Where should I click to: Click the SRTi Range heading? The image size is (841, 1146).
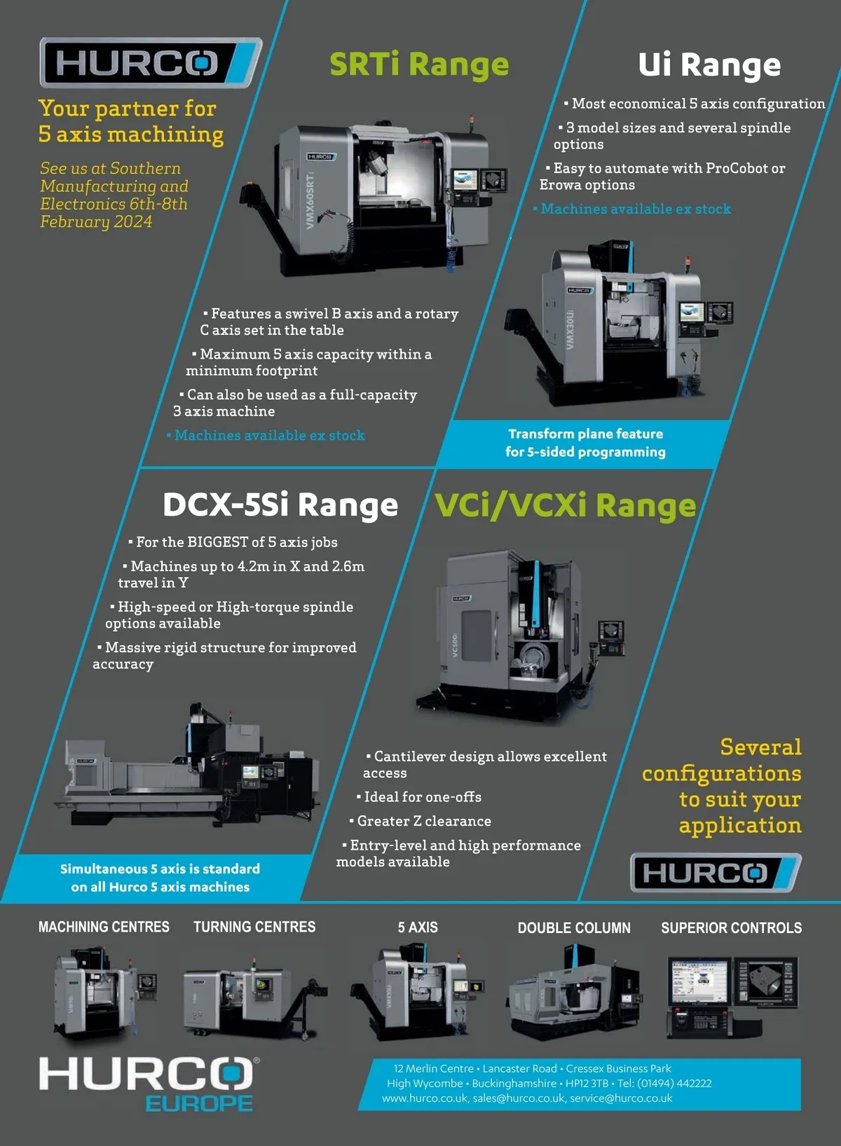pyautogui.click(x=419, y=64)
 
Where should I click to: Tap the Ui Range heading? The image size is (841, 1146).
pyautogui.click(x=709, y=65)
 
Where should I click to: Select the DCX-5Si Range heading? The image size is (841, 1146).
pyautogui.click(x=280, y=504)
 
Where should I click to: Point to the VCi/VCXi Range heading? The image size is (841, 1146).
pyautogui.click(x=565, y=506)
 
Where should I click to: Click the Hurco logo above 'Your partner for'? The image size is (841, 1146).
pyautogui.click(x=151, y=62)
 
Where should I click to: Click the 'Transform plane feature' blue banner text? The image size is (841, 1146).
pyautogui.click(x=586, y=434)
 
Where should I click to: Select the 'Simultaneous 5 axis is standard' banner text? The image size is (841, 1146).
pyautogui.click(x=160, y=869)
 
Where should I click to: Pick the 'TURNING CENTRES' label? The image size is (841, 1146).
pyautogui.click(x=254, y=927)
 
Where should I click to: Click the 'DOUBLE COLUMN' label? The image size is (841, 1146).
pyautogui.click(x=574, y=927)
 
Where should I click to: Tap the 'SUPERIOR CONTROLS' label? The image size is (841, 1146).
pyautogui.click(x=732, y=927)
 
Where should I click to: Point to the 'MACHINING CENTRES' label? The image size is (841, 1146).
pyautogui.click(x=104, y=927)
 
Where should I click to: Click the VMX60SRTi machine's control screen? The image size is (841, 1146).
pyautogui.click(x=465, y=179)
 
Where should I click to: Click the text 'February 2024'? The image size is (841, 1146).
pyautogui.click(x=96, y=222)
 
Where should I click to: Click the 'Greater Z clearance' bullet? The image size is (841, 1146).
pyautogui.click(x=420, y=820)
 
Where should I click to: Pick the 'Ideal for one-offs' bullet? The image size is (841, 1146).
pyautogui.click(x=418, y=796)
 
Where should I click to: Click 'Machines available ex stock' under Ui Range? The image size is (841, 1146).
pyautogui.click(x=632, y=209)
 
